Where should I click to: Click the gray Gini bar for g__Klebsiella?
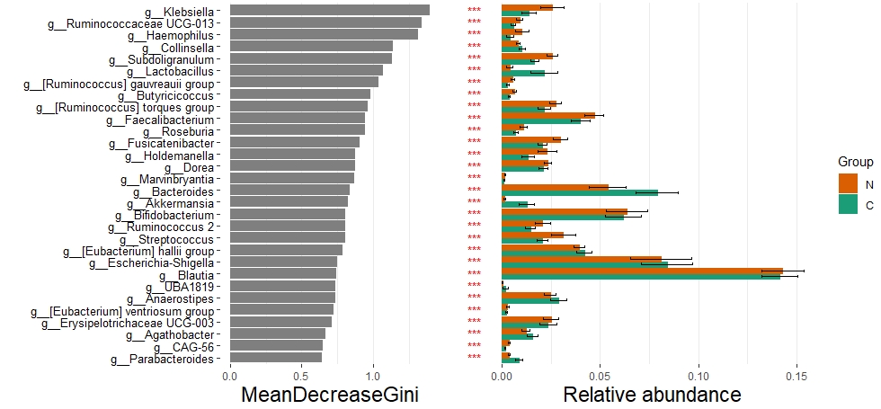tap(329, 10)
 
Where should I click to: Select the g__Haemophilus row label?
tap(172, 35)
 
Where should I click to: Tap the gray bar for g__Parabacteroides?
tap(275, 358)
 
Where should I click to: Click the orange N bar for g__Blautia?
tap(642, 271)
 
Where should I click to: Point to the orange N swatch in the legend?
tap(849, 184)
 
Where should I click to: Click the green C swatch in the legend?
tap(849, 205)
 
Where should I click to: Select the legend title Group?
tap(856, 161)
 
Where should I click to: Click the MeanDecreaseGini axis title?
tap(330, 395)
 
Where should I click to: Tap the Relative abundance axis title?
tap(652, 395)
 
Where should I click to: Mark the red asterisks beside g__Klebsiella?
tap(475, 10)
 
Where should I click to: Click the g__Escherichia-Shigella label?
tap(153, 262)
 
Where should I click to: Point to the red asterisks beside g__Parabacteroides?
tap(475, 358)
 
